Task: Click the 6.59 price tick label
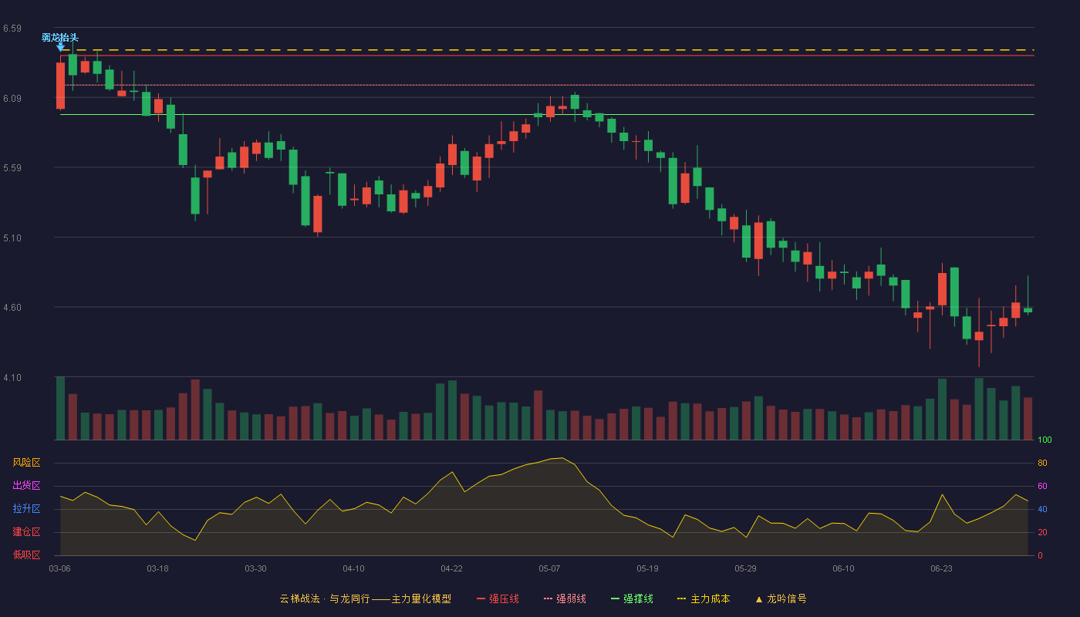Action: (12, 29)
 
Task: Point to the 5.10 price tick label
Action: (12, 238)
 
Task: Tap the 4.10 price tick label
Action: (12, 378)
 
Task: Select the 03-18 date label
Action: (157, 569)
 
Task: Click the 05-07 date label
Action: (549, 569)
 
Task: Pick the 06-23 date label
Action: (941, 569)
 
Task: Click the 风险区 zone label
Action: (26, 463)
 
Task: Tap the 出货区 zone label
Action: (26, 485)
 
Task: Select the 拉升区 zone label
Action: (26, 508)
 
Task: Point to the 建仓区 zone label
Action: (26, 531)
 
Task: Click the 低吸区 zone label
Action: (26, 555)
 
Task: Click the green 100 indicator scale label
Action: (1045, 440)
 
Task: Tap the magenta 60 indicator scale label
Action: (1042, 486)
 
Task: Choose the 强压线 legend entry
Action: (498, 598)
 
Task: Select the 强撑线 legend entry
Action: (632, 598)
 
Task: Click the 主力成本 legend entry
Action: (704, 598)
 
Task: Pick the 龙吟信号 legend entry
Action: (781, 598)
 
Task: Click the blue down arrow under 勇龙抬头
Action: (60, 47)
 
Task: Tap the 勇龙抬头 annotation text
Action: (60, 37)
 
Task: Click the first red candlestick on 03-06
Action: (60, 86)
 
